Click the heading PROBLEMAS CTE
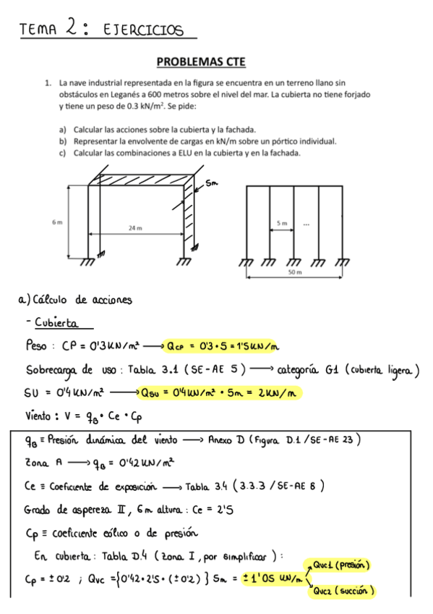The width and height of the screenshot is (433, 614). point(215,63)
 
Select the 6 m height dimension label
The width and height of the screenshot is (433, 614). point(57,222)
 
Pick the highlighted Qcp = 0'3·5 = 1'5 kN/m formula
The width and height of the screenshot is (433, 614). point(221,346)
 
